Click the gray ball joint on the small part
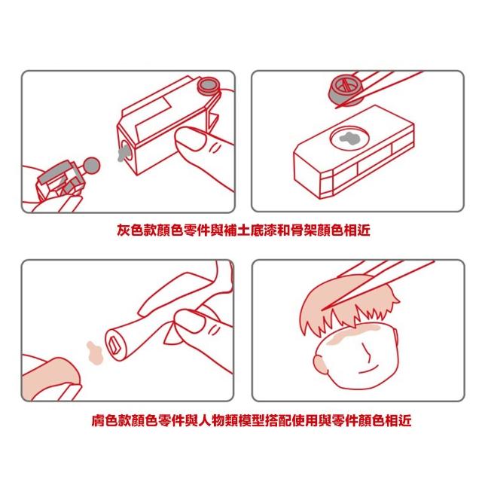[x=92, y=165]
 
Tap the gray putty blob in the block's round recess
[x=349, y=138]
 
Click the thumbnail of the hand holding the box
[x=190, y=139]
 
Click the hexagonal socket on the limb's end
[x=114, y=344]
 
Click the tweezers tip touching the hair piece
[x=322, y=310]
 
